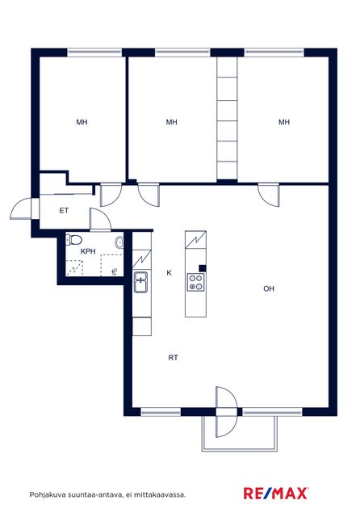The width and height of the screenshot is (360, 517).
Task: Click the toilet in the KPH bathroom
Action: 73,240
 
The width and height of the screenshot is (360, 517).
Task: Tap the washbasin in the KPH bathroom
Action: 119,242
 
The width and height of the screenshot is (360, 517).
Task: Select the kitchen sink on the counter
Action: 140,282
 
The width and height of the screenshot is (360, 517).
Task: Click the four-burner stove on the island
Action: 195,283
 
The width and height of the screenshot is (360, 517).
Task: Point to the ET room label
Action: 64,210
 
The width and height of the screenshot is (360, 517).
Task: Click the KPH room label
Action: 88,251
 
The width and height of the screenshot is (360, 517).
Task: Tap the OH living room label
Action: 269,289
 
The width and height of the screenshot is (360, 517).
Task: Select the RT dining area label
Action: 174,358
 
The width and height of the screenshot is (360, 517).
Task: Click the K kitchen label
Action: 169,273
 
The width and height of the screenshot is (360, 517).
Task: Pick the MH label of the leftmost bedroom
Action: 82,122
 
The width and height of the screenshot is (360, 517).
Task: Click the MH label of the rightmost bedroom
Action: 284,122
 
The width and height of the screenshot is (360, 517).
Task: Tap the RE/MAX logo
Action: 276,494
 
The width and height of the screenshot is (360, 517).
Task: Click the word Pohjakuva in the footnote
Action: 44,495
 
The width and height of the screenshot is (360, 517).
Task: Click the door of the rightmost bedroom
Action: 269,195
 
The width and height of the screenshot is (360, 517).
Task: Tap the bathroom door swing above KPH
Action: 100,219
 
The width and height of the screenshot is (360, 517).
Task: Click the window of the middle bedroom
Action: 182,53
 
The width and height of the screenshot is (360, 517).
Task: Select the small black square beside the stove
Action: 203,268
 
